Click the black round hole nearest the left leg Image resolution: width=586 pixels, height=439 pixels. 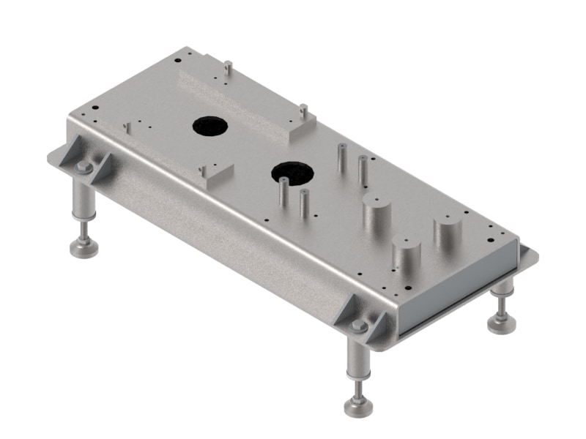tap(210, 127)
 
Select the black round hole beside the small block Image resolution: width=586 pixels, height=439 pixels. tap(292, 173)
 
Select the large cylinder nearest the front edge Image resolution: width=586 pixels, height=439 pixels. tap(405, 257)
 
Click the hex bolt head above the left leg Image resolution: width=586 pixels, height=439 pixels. tap(84, 168)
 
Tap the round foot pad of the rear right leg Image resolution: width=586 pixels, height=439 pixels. tap(502, 323)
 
